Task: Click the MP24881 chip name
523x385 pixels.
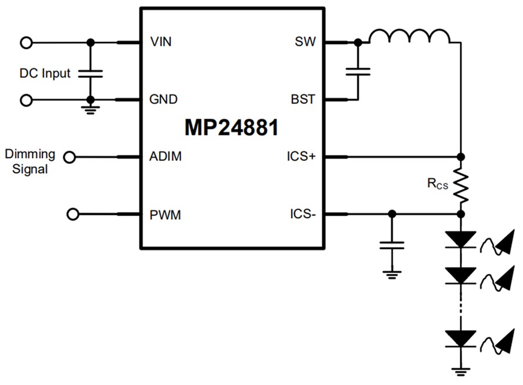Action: [231, 128]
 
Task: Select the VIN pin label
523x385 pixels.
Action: [161, 42]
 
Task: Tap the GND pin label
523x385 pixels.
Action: [163, 99]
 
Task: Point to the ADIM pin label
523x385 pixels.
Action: [165, 156]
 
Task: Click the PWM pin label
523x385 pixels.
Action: [165, 215]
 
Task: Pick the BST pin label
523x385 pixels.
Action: [303, 99]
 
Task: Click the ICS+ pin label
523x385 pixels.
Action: [301, 156]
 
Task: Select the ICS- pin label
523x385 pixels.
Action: [302, 215]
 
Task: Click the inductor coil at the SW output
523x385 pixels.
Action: [410, 37]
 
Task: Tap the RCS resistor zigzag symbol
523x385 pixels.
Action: [460, 185]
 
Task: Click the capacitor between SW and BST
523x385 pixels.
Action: [357, 72]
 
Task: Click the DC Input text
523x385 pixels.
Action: [45, 73]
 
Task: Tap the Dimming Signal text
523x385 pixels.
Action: [30, 162]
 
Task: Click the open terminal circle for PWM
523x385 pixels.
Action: [73, 215]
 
